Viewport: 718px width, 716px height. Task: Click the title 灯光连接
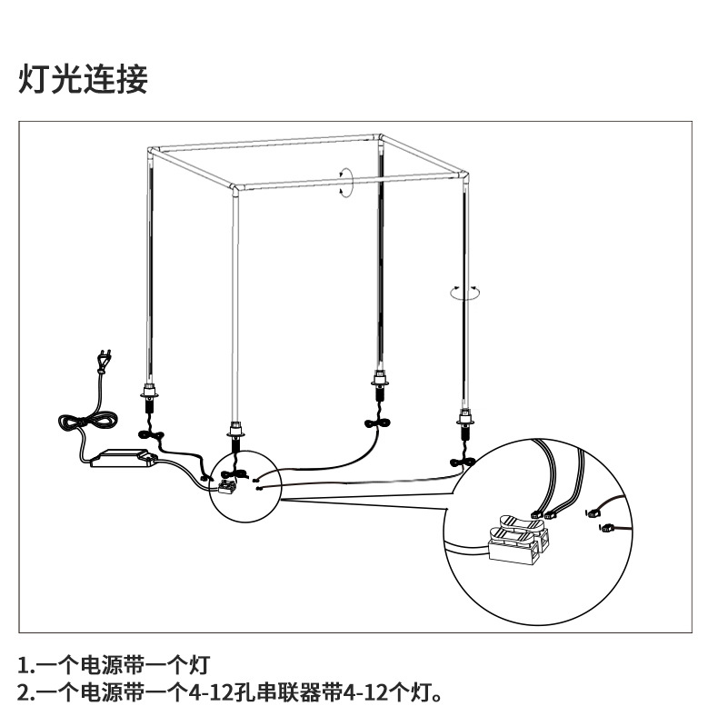click(x=83, y=80)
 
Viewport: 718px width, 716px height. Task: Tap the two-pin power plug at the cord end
click(x=104, y=362)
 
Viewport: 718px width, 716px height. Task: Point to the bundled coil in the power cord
click(x=86, y=423)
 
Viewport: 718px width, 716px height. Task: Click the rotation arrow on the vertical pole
click(x=465, y=292)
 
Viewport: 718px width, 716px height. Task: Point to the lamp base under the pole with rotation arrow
click(x=467, y=420)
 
